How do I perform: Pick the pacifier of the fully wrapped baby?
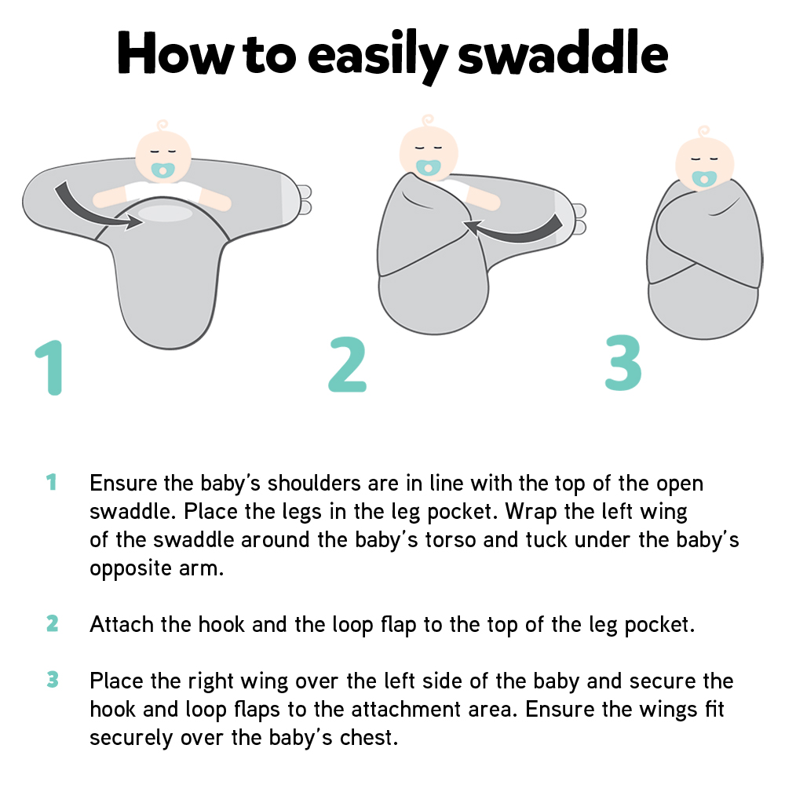(x=704, y=177)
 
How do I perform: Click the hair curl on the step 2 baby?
(x=428, y=122)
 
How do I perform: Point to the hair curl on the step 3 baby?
(x=703, y=131)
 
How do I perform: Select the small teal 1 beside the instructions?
(x=52, y=482)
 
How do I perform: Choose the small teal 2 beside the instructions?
(x=52, y=624)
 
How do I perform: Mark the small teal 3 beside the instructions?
(x=52, y=680)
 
